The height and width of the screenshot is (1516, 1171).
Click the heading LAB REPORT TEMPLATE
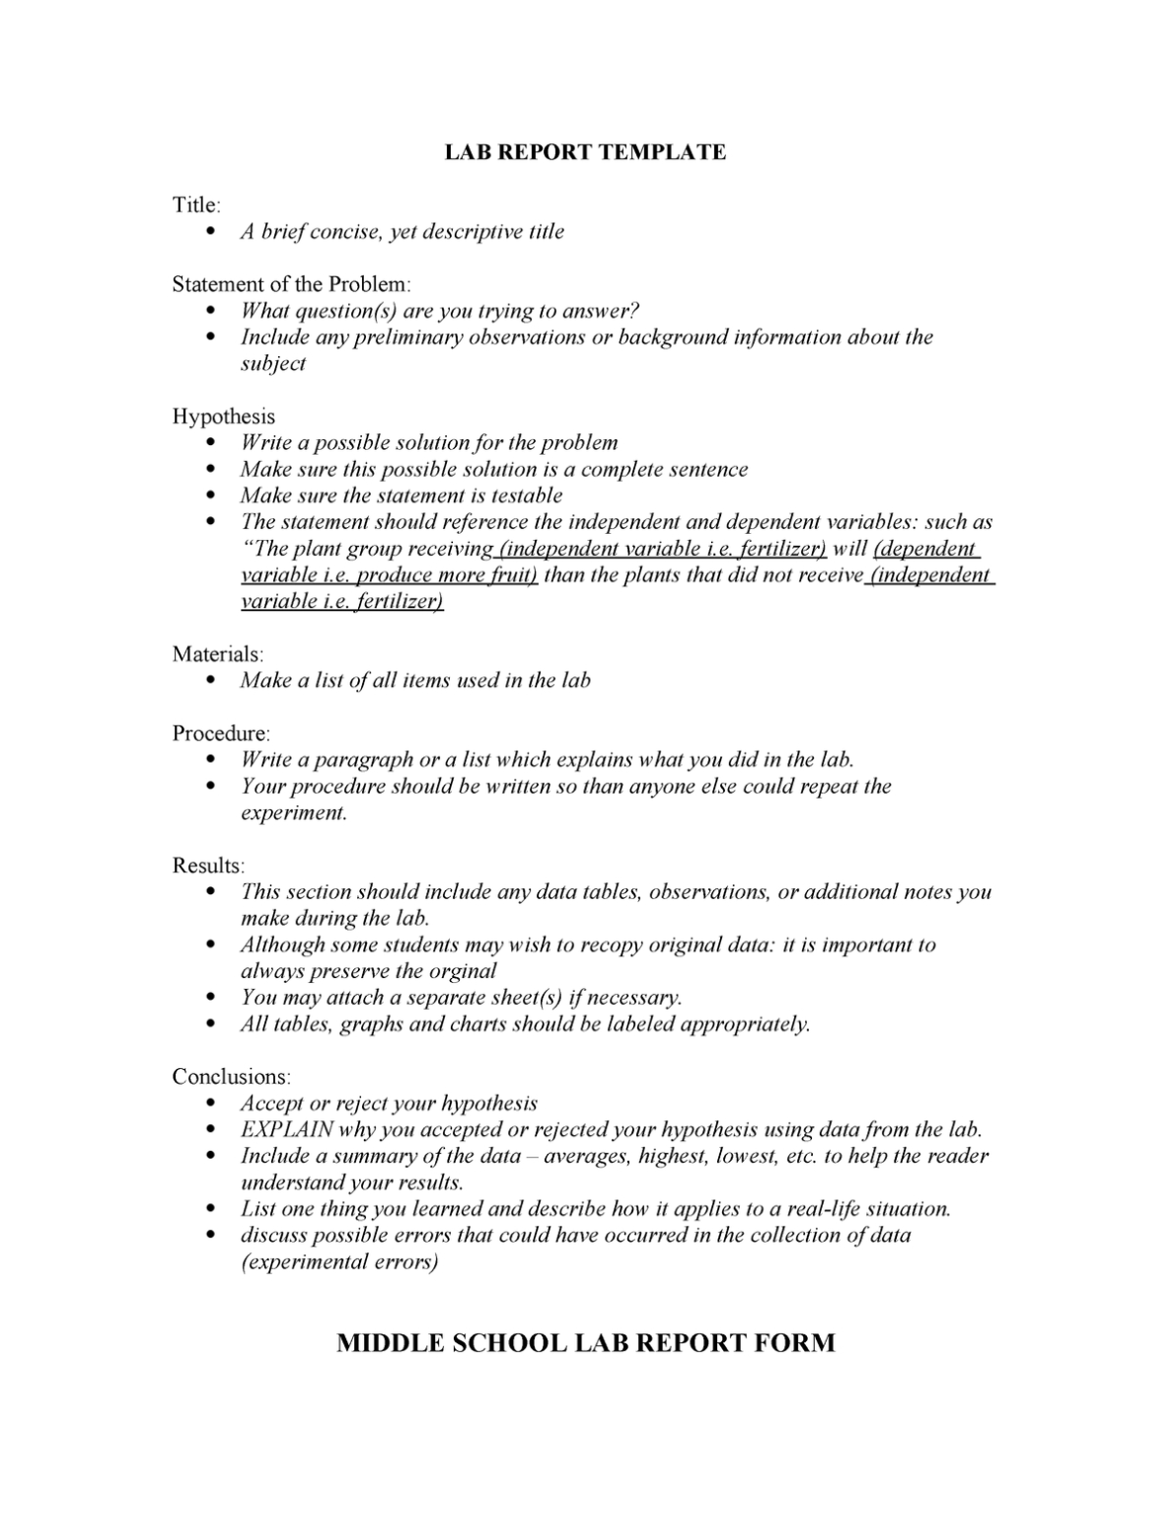tap(584, 152)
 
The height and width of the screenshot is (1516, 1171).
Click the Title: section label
tap(196, 205)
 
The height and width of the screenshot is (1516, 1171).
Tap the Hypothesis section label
tap(223, 417)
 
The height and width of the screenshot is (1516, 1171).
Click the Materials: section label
tap(218, 654)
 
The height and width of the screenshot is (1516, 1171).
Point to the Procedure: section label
tap(221, 733)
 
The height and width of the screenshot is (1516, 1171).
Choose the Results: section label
tap(208, 866)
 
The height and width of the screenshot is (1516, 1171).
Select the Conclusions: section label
tap(232, 1077)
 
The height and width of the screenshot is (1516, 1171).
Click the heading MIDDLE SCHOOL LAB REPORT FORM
tap(585, 1343)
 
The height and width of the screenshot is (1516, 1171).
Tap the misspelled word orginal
tap(463, 971)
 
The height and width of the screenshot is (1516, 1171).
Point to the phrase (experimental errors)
tap(339, 1262)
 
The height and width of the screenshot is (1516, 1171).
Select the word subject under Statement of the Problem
tap(273, 364)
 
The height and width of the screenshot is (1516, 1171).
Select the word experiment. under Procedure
tap(294, 813)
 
